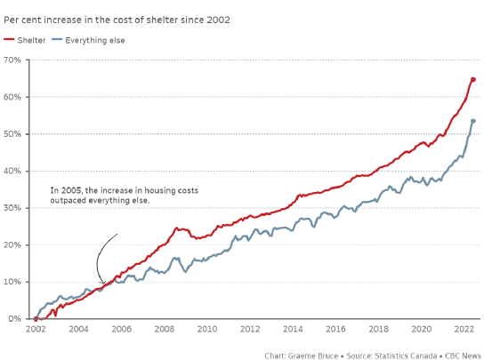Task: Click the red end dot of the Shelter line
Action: coord(473,80)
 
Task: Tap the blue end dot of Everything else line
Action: coord(473,121)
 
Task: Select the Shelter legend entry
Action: coord(25,40)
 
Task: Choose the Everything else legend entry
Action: coord(88,40)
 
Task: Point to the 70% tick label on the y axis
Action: coord(12,60)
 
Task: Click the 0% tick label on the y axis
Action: coord(15,319)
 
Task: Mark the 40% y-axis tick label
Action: coord(12,171)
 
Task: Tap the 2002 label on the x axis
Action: coord(36,329)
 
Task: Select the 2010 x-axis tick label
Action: coord(207,329)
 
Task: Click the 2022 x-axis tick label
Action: coord(464,329)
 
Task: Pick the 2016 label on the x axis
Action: coord(335,329)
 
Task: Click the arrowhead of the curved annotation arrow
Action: coord(104,283)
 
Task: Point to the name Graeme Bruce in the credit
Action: coord(313,356)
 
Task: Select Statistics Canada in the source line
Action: coord(406,356)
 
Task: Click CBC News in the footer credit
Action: coord(464,356)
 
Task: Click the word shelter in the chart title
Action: coord(162,20)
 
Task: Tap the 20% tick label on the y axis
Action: coord(12,245)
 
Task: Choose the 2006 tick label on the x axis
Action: coord(121,329)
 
